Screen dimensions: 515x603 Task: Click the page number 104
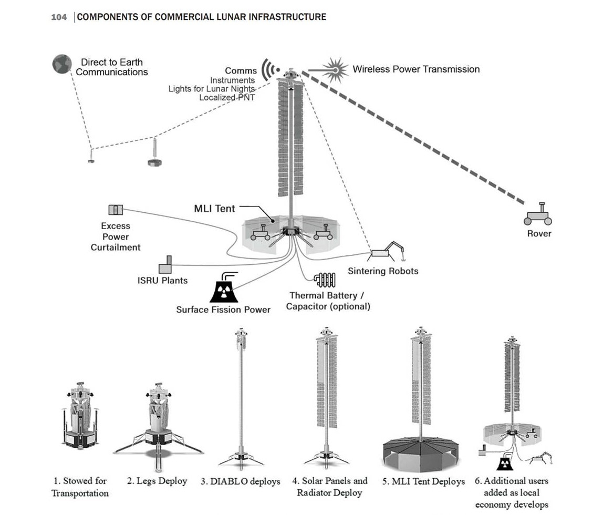[59, 17]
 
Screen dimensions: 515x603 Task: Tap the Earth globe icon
[62, 65]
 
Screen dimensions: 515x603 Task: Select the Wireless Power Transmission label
[416, 69]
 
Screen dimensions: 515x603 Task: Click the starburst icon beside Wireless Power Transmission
[335, 69]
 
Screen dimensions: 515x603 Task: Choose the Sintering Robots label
[383, 271]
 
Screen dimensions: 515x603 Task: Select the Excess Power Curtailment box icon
[115, 210]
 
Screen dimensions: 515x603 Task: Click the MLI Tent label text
[214, 209]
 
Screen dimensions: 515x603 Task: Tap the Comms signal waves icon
[271, 69]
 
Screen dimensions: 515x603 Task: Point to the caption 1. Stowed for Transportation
[80, 487]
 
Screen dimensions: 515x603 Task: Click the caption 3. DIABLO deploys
[240, 481]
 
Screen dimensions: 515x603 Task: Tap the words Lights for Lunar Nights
[211, 89]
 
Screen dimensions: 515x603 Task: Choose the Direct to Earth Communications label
[111, 67]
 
